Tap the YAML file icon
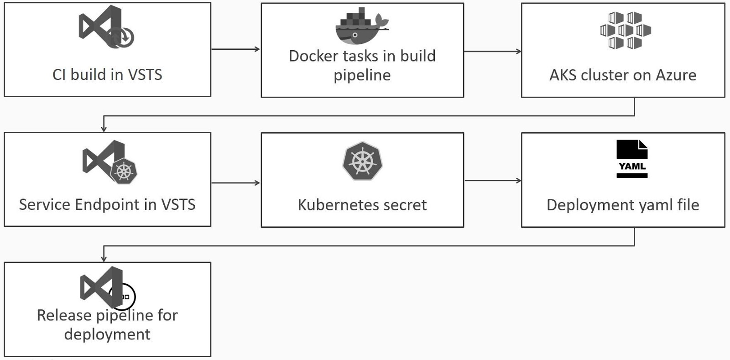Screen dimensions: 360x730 [x=632, y=159]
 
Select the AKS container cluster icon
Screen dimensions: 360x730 [x=625, y=31]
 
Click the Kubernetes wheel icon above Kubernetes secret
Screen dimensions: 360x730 [x=362, y=161]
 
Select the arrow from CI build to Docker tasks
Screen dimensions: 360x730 [x=235, y=49]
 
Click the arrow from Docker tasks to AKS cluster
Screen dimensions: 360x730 [x=492, y=51]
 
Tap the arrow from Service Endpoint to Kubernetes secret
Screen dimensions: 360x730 [x=235, y=183]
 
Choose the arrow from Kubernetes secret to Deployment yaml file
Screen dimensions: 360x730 [x=492, y=181]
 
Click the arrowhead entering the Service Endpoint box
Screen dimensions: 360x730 [x=104, y=129]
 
